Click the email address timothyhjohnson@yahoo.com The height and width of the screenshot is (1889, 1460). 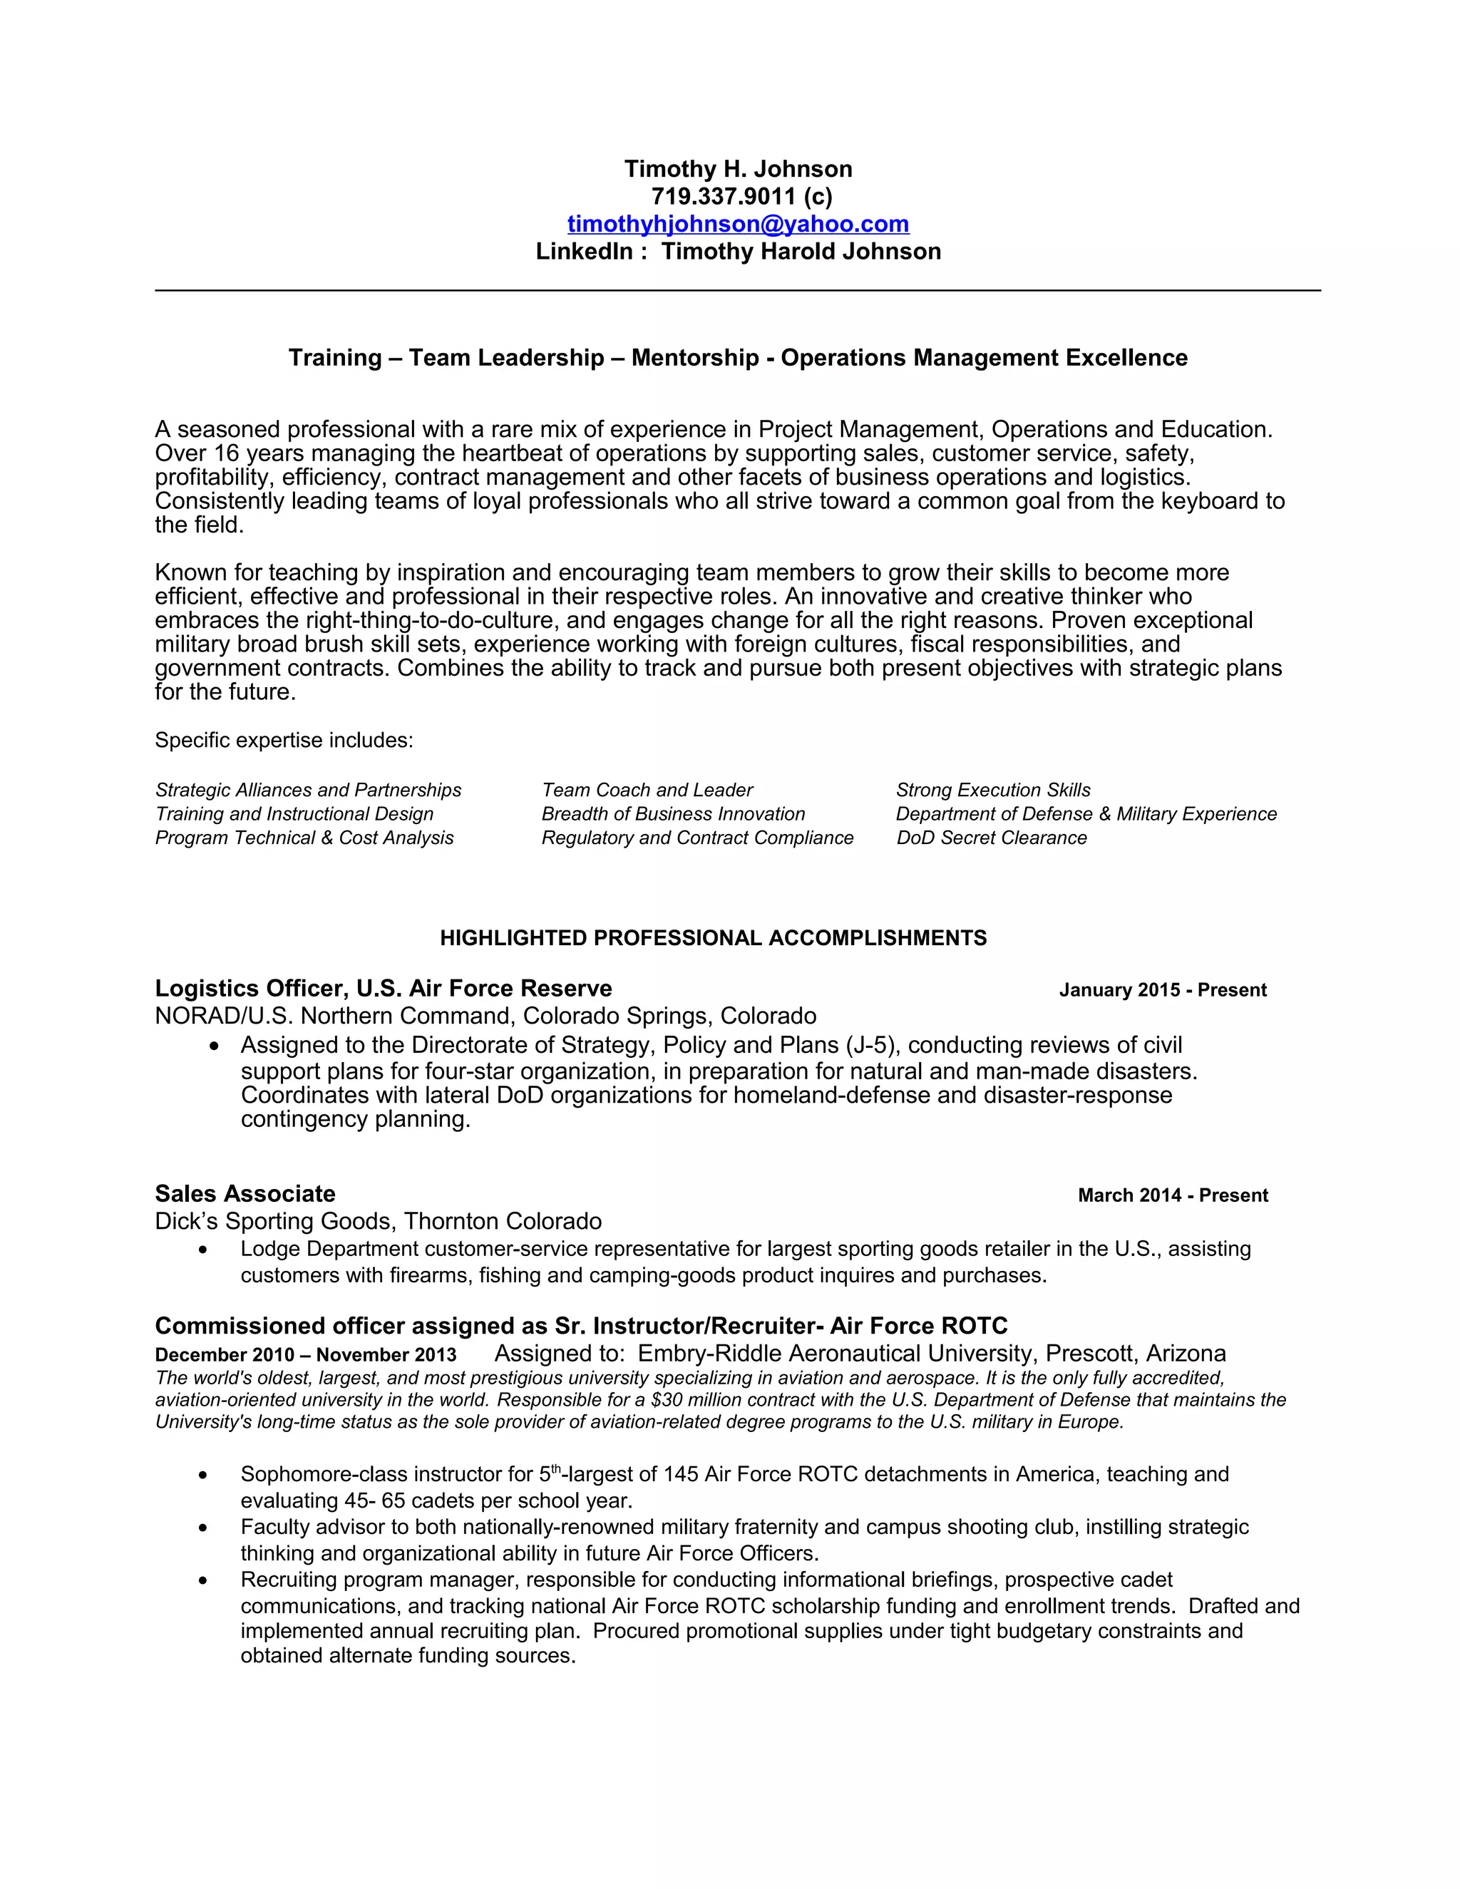pos(738,224)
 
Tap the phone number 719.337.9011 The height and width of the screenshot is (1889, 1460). pos(723,196)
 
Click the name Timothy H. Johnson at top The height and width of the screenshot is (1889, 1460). pos(738,169)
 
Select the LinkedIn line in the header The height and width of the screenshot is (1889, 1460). pos(738,252)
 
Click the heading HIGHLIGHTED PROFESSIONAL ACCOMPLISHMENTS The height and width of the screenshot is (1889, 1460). pos(713,939)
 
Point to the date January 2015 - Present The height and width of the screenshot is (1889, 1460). pos(1163,990)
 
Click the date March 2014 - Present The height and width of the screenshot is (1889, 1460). pos(1172,1195)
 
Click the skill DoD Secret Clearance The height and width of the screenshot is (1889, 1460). pos(991,838)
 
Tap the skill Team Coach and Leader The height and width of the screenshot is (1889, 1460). pos(647,791)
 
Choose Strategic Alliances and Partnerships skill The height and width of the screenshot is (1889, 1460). pos(308,791)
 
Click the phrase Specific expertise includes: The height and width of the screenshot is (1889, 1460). pos(284,741)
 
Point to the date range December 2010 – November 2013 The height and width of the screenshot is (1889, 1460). pos(305,1354)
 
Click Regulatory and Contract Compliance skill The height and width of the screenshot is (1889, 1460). pos(697,838)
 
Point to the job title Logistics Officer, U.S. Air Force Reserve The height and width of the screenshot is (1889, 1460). pos(383,989)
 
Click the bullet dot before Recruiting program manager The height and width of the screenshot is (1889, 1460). pos(203,1581)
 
